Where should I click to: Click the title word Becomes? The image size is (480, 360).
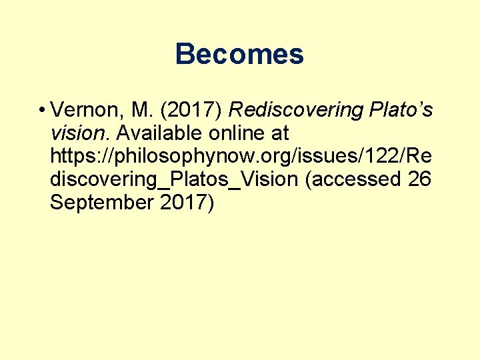239,55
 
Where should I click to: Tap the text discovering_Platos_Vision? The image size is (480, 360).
173,180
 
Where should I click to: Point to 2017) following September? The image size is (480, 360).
187,203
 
